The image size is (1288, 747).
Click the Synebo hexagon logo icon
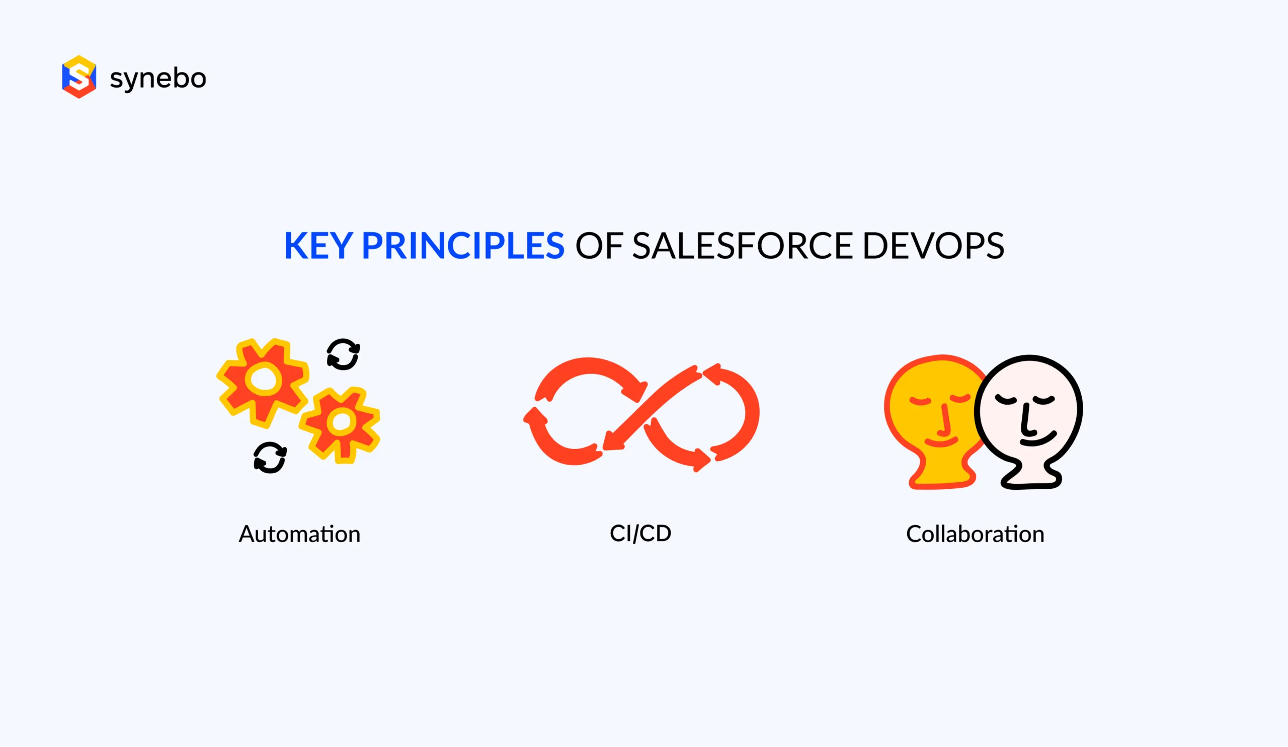[78, 77]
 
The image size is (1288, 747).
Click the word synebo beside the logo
[158, 79]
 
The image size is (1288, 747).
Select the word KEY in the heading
[318, 246]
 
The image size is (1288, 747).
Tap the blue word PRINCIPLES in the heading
[462, 246]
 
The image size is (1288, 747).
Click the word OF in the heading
[599, 246]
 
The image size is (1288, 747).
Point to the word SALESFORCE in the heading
[742, 246]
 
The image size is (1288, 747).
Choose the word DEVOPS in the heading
[933, 246]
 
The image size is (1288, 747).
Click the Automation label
[299, 534]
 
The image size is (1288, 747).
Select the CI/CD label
[640, 533]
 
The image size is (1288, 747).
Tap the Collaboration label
[975, 534]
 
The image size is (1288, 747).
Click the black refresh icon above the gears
[343, 354]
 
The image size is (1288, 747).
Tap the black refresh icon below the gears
[270, 458]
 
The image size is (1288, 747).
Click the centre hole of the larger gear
[264, 380]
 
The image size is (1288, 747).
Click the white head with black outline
[1030, 409]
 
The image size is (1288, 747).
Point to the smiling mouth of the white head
[1037, 440]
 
